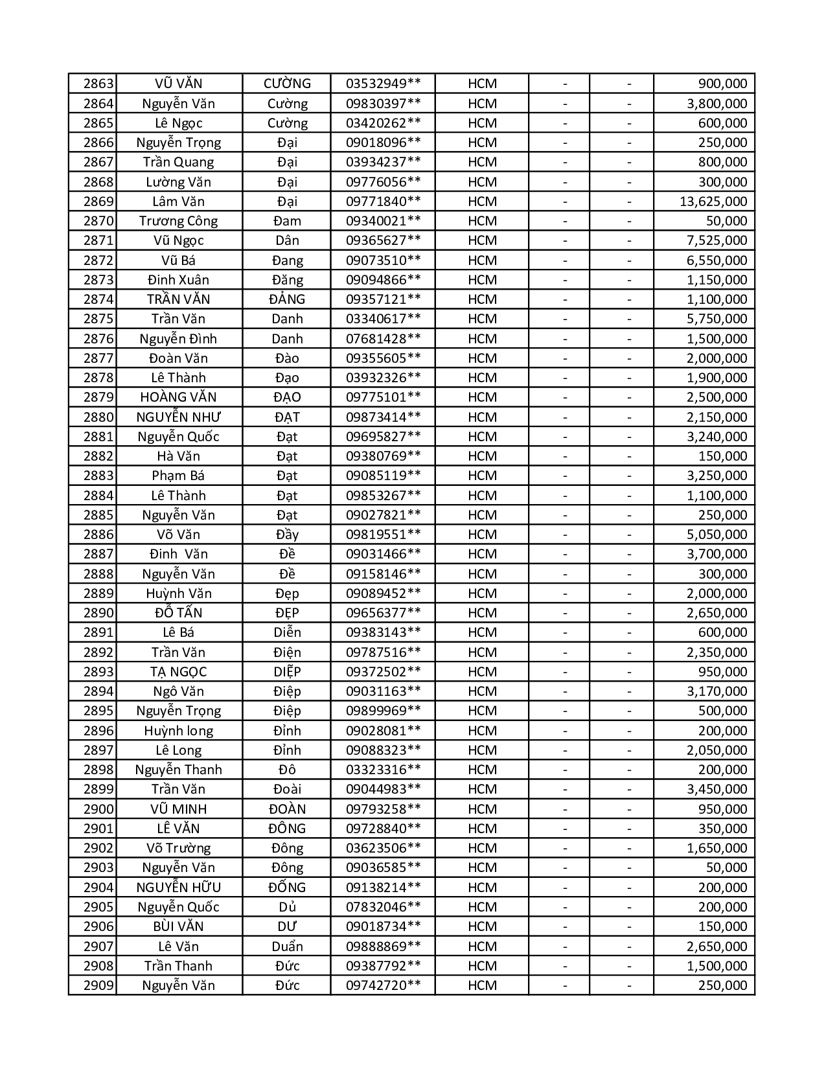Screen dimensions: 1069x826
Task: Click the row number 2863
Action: click(98, 84)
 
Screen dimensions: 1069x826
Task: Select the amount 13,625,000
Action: click(713, 201)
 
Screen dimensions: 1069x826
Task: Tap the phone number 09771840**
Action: click(383, 201)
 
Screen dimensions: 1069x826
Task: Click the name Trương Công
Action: click(178, 221)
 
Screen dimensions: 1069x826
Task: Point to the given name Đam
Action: click(287, 221)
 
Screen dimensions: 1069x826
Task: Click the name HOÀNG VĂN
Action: click(178, 397)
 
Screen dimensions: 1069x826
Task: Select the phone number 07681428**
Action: click(383, 339)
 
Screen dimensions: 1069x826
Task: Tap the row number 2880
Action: click(98, 417)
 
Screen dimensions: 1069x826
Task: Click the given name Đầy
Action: click(287, 534)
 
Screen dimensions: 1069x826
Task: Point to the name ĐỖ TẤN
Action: click(178, 613)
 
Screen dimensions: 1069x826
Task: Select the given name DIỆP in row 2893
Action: click(287, 672)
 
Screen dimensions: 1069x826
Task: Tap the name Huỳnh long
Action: click(178, 731)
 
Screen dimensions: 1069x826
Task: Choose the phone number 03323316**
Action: click(383, 770)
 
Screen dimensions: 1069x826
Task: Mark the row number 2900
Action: click(98, 809)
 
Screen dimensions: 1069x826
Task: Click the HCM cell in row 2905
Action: click(482, 907)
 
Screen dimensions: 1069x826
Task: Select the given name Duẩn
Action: click(287, 947)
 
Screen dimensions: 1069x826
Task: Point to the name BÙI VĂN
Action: click(178, 926)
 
